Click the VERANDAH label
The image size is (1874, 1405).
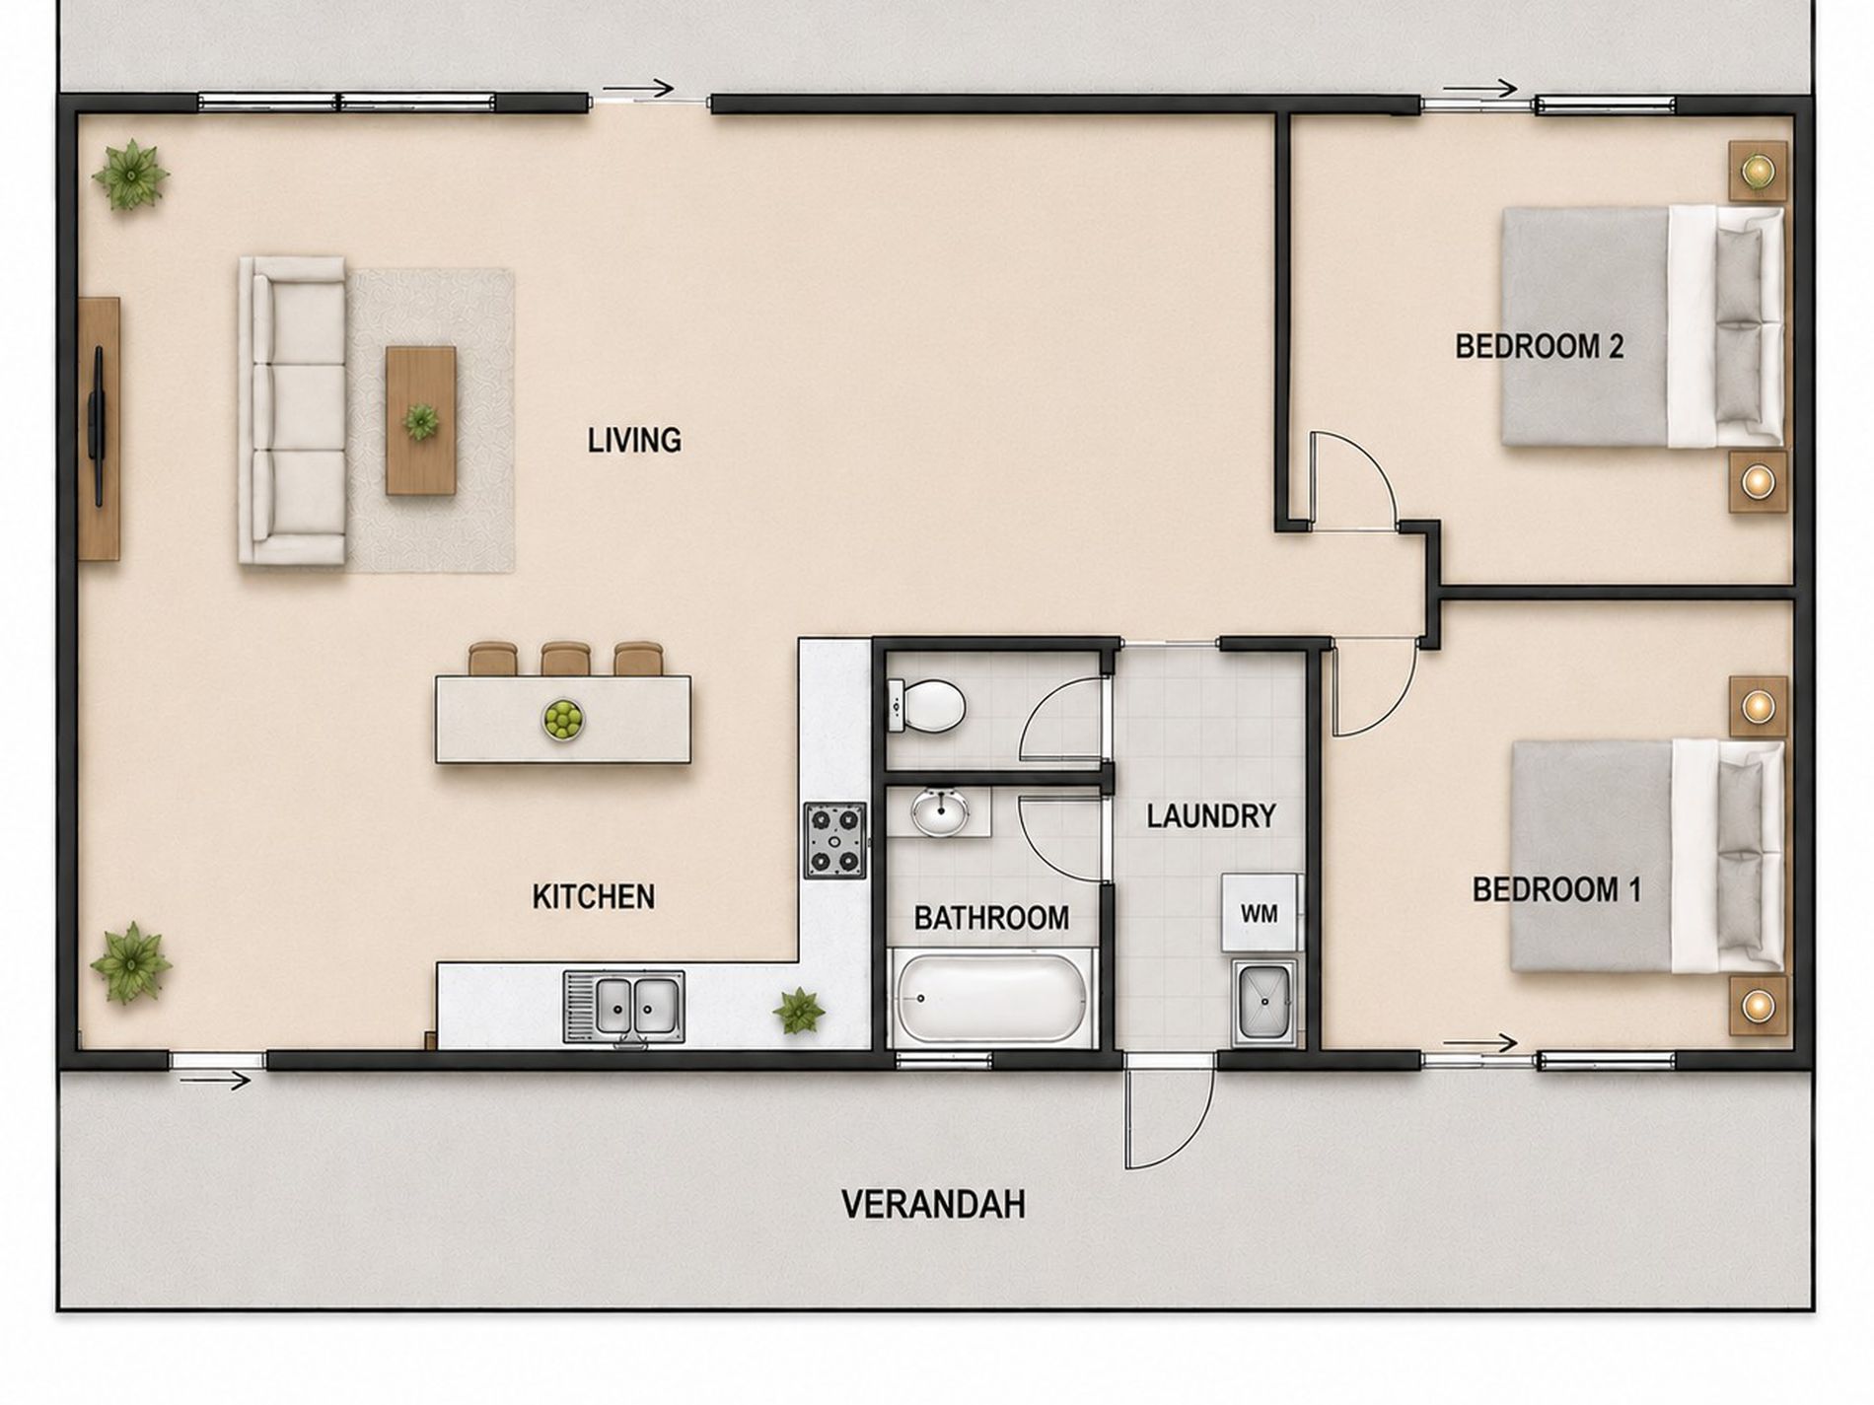coord(932,1204)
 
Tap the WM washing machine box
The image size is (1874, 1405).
coord(1260,913)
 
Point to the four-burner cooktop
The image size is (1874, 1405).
coord(835,840)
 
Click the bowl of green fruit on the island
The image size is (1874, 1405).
coord(563,719)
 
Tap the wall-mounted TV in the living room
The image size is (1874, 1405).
coord(98,426)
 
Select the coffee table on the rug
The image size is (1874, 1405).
coord(421,420)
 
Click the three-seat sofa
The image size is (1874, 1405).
coord(293,410)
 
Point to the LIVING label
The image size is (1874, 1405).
coord(634,440)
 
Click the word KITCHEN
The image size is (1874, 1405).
coord(594,896)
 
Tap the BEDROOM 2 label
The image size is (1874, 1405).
coord(1539,346)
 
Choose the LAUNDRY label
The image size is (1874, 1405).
coord(1211,815)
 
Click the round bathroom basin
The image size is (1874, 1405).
coord(940,811)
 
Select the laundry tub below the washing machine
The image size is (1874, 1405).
coord(1263,1005)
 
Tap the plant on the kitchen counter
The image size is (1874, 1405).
coord(798,1012)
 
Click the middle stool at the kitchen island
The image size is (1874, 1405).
coord(565,659)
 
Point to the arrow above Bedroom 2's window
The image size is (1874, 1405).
coord(1479,89)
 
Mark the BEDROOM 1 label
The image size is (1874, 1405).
coord(1556,889)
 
